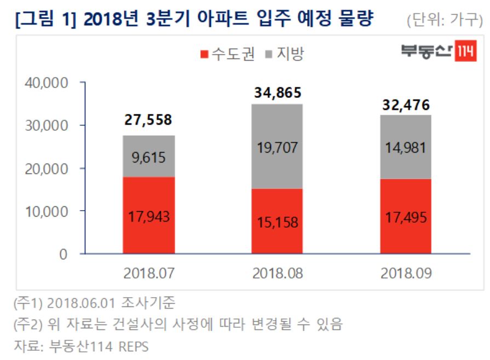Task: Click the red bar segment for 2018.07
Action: click(148, 215)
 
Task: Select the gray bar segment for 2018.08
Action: click(278, 146)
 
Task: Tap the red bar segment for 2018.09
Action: click(406, 216)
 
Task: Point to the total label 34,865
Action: click(278, 92)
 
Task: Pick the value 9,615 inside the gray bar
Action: click(148, 158)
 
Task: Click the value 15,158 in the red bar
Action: click(278, 223)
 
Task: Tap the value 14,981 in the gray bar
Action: click(406, 148)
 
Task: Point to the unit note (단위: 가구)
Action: click(445, 22)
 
